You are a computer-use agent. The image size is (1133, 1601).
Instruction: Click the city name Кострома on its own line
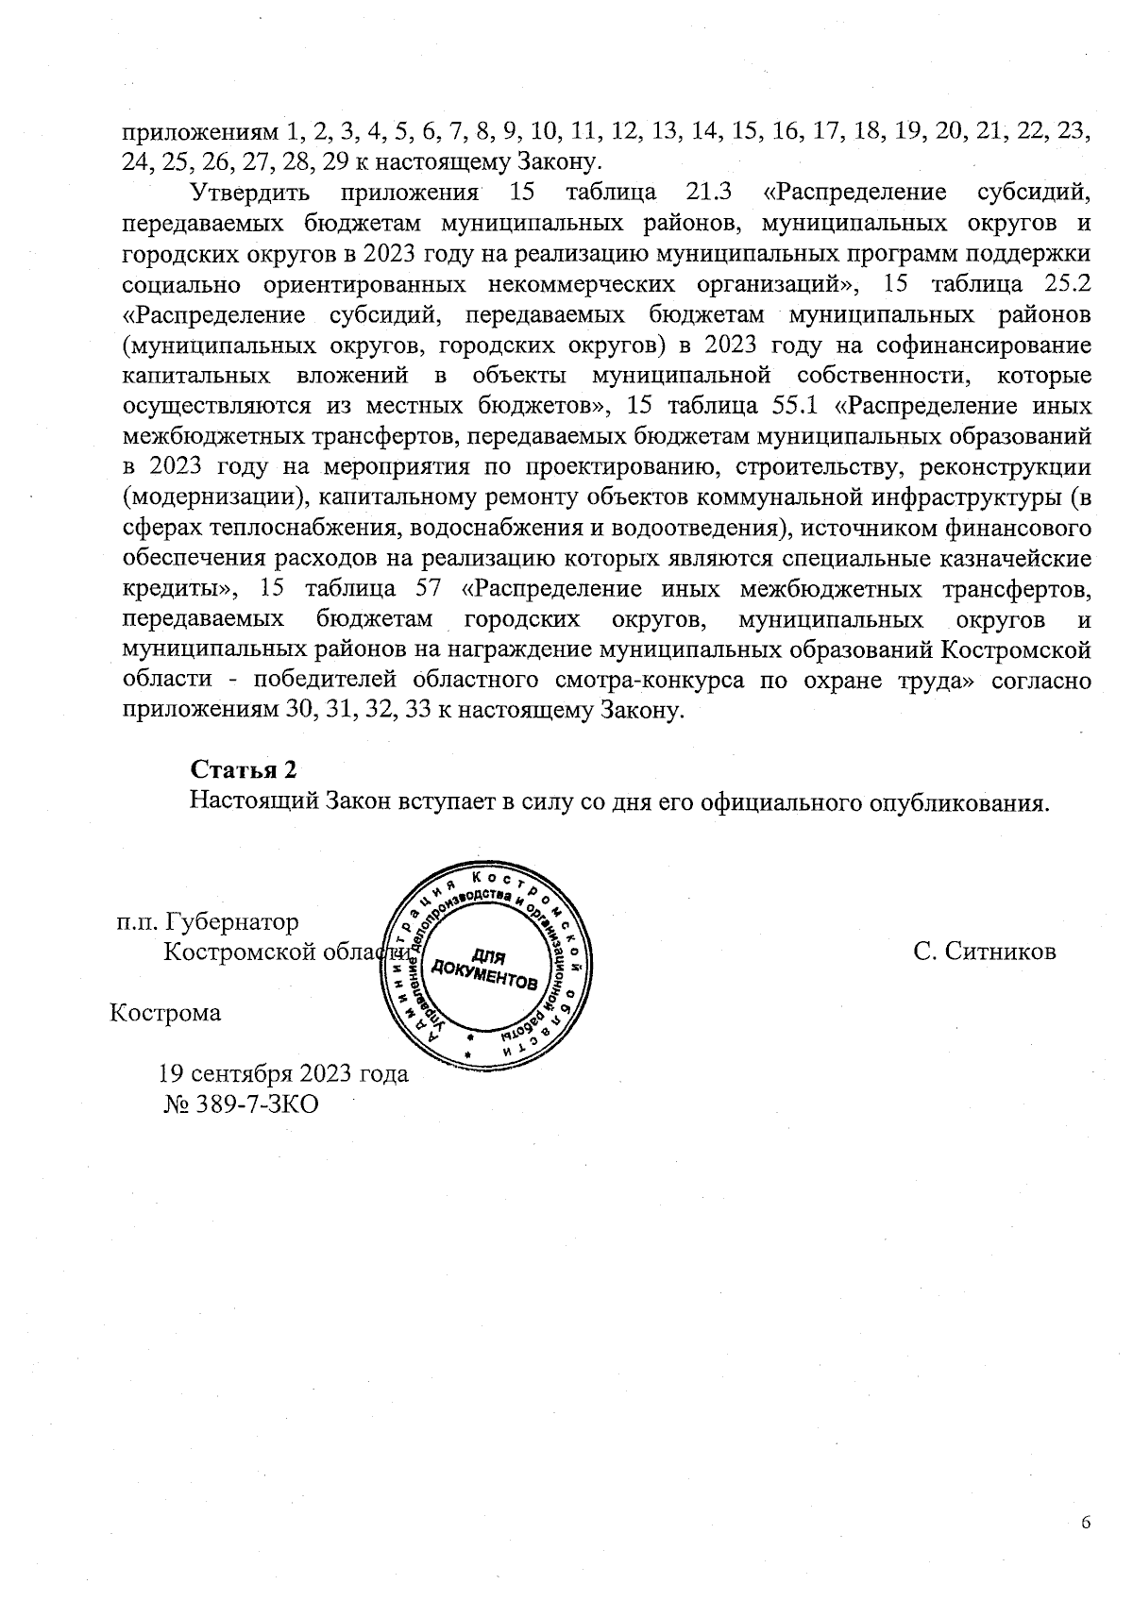tap(166, 1013)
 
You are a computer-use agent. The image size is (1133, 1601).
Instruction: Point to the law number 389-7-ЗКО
tap(256, 1104)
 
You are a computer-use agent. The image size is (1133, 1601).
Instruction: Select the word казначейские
tap(1015, 558)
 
